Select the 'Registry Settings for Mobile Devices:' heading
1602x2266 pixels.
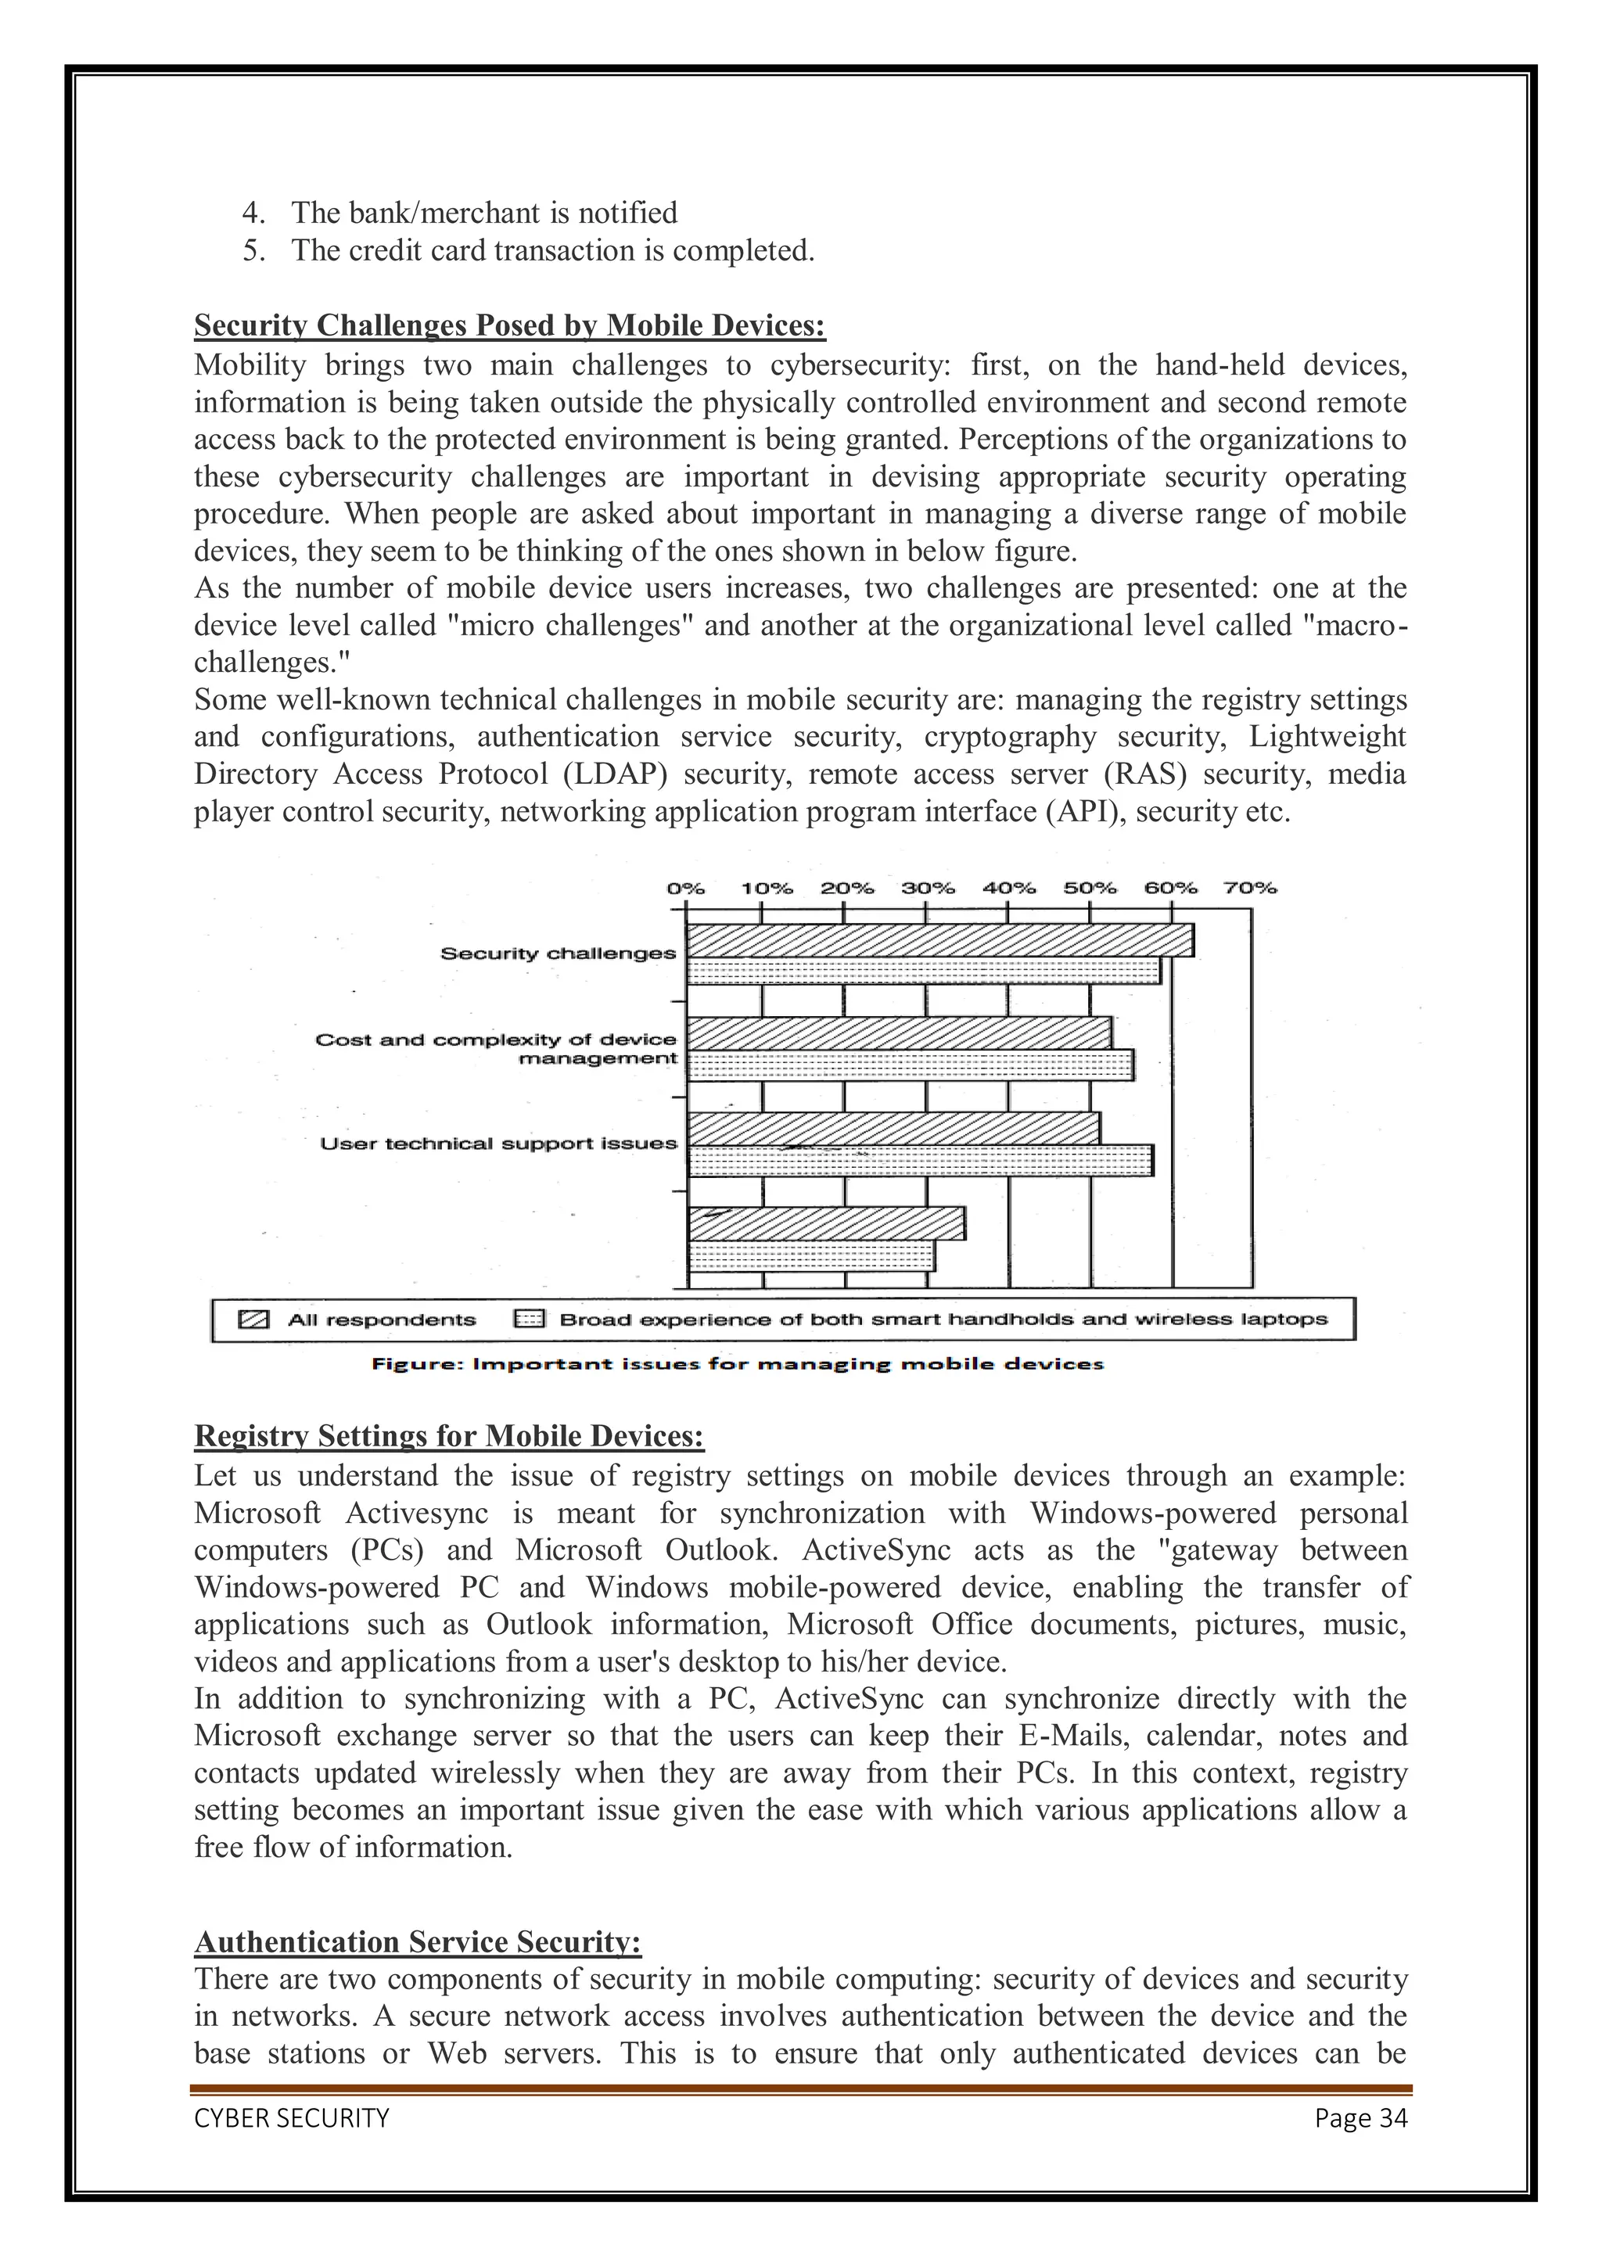pyautogui.click(x=449, y=1435)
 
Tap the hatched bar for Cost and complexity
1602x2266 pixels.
pyautogui.click(x=898, y=1033)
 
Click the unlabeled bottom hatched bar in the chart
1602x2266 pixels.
pyautogui.click(x=825, y=1224)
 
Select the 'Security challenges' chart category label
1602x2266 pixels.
pyautogui.click(x=558, y=953)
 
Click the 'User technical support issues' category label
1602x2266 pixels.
pyautogui.click(x=498, y=1144)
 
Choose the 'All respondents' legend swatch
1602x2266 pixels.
pyautogui.click(x=255, y=1320)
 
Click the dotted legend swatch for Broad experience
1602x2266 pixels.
pyautogui.click(x=529, y=1320)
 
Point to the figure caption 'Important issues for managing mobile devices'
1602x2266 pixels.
pyautogui.click(x=736, y=1364)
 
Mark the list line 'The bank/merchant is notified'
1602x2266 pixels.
pyautogui.click(x=483, y=214)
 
